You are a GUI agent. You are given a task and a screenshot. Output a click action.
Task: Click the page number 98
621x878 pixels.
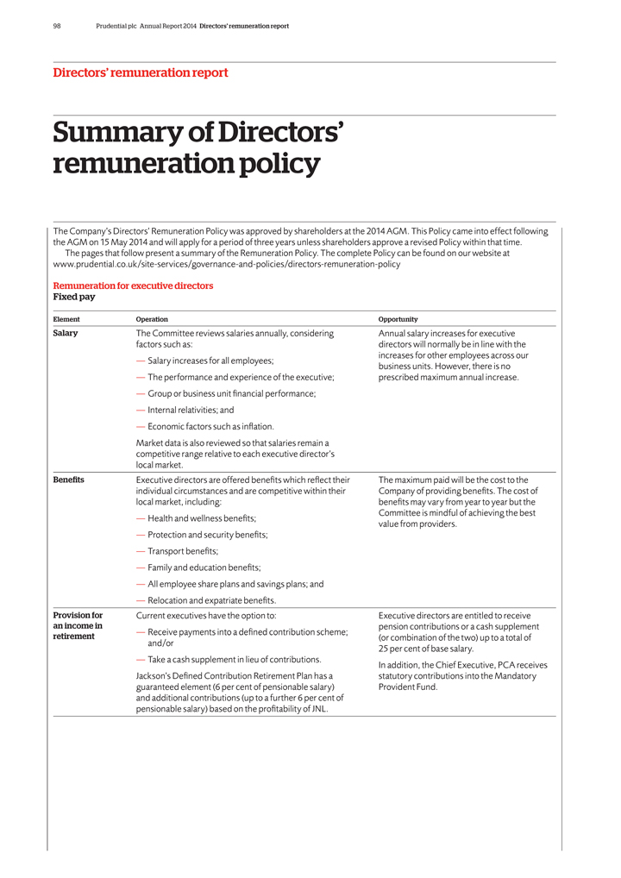pos(56,26)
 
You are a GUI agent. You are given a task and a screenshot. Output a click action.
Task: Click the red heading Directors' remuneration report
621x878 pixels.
pos(140,73)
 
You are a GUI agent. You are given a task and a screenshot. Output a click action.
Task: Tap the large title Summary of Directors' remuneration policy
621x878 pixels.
pos(198,147)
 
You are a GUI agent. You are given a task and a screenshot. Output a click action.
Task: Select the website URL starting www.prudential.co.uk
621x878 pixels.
pos(227,265)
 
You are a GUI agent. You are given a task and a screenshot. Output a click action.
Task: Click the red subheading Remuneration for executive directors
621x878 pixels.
pos(133,285)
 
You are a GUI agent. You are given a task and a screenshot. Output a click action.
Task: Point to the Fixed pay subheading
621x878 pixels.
pos(74,297)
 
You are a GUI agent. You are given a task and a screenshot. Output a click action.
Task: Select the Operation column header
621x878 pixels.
pos(152,319)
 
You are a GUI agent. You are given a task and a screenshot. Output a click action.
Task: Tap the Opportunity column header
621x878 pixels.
pos(398,319)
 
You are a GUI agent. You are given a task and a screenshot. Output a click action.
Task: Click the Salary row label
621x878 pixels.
pos(66,333)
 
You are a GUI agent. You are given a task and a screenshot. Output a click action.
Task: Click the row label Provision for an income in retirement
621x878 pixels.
pos(78,626)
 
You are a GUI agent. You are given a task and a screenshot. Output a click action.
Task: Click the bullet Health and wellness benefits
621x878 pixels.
pos(202,518)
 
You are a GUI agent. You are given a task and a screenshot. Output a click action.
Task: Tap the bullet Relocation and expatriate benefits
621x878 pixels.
pos(211,600)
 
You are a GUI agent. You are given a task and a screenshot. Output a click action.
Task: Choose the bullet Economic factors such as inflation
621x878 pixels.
pos(210,427)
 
